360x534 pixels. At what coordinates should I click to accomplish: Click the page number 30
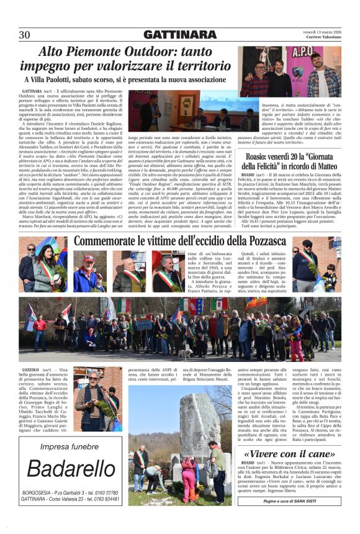25,35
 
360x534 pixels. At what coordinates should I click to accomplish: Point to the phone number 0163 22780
102,492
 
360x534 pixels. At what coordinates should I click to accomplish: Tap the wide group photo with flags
179,330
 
